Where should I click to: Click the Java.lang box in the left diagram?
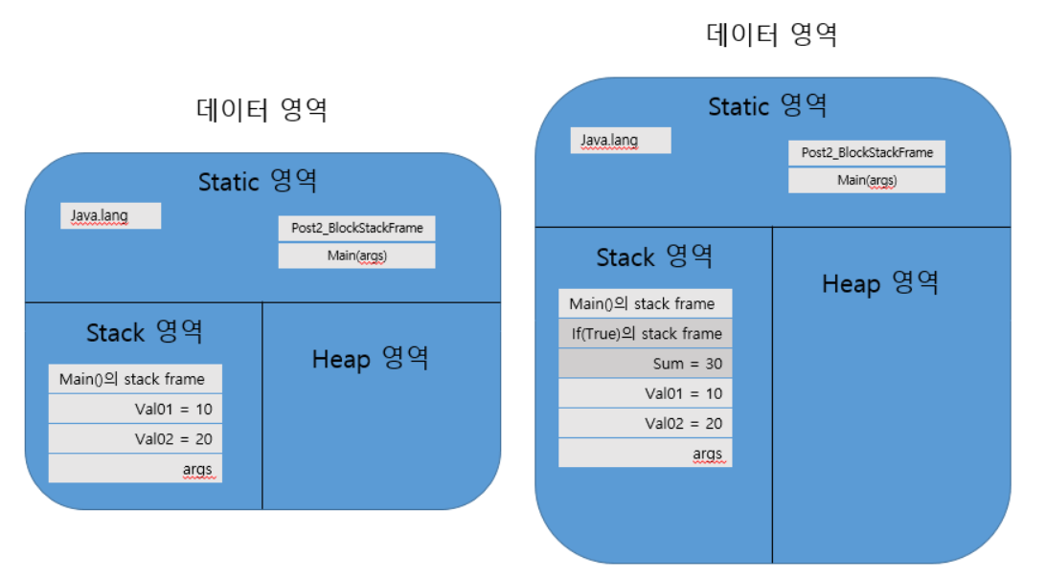coord(110,216)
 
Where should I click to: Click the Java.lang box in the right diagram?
coord(621,141)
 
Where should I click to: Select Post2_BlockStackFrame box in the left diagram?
coord(356,229)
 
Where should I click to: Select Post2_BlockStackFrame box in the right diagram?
coord(866,153)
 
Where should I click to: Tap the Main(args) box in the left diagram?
coord(356,256)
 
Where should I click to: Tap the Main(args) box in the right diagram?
coord(866,180)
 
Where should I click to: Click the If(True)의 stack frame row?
coord(645,334)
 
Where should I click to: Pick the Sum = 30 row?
coord(645,364)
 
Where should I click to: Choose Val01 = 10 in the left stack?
coord(135,409)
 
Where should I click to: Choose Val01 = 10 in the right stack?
coord(645,393)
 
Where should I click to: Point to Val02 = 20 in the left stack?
coord(135,439)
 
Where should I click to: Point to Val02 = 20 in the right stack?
coord(645,423)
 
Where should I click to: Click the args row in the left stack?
coord(135,469)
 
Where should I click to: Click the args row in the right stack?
coord(645,453)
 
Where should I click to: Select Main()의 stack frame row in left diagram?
coord(135,379)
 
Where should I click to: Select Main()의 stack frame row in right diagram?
coord(645,304)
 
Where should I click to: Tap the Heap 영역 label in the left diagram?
coord(370,359)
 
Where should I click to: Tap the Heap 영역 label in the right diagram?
coord(879,283)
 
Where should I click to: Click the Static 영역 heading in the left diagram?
coord(257,181)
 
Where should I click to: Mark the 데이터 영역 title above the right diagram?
coord(771,35)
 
